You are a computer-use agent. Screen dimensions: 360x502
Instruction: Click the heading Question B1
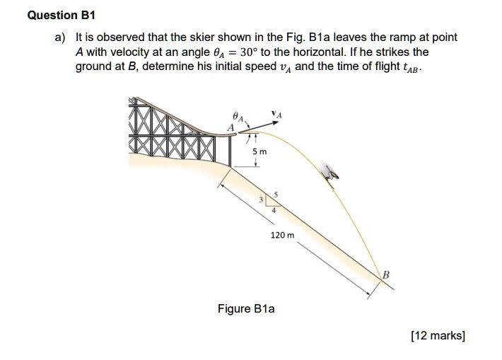[62, 15]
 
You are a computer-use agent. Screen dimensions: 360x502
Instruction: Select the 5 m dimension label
[259, 151]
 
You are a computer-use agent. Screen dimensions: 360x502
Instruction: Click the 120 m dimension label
[283, 234]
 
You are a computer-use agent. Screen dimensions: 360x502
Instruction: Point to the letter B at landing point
[387, 274]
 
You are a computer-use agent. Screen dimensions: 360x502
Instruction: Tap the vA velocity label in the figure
[274, 113]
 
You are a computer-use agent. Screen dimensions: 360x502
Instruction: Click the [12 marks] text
[437, 336]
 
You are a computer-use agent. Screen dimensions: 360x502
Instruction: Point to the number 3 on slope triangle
[261, 200]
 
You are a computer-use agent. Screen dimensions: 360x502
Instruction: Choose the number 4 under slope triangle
[274, 209]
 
